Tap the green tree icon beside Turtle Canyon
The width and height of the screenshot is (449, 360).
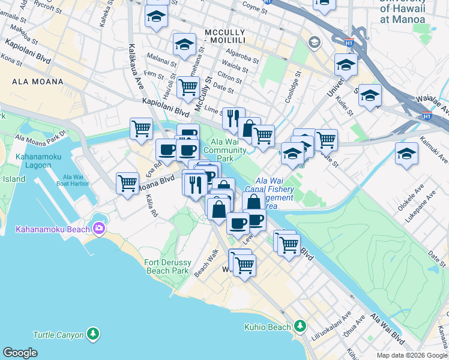pyautogui.click(x=92, y=334)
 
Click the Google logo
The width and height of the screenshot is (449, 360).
pyautogui.click(x=20, y=353)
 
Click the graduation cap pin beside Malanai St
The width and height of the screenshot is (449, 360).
pyautogui.click(x=184, y=43)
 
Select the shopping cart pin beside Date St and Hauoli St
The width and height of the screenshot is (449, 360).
pyautogui.click(x=188, y=86)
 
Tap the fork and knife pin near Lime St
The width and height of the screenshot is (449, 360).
pyautogui.click(x=233, y=118)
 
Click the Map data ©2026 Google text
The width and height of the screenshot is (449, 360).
pyautogui.click(x=411, y=355)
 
